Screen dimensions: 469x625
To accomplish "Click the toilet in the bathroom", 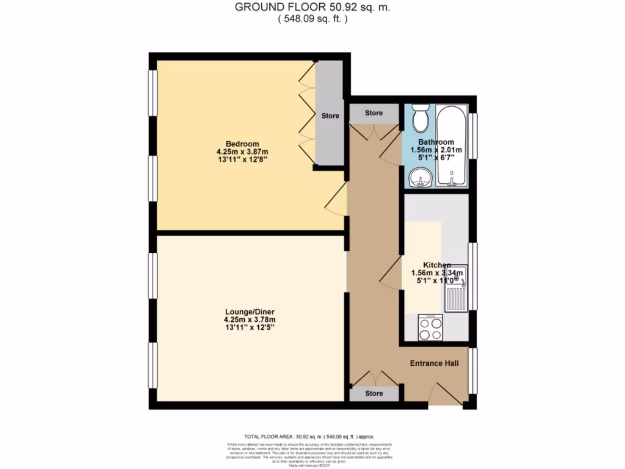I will click(x=421, y=118).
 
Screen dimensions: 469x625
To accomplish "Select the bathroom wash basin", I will click(x=419, y=178).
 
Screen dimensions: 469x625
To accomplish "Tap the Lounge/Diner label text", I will click(x=250, y=310).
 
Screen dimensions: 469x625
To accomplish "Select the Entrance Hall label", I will click(x=434, y=363).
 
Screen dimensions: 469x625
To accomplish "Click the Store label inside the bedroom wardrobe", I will click(x=330, y=115).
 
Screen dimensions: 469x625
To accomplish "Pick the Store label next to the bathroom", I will click(x=374, y=113).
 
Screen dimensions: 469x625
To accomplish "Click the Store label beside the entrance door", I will click(x=374, y=393).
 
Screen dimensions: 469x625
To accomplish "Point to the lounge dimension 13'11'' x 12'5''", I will click(x=250, y=327).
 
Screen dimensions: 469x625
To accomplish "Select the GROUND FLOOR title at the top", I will click(x=312, y=8).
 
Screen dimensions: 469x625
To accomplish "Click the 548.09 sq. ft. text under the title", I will click(x=312, y=19).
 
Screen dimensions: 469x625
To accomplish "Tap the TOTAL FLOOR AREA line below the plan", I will click(x=309, y=437).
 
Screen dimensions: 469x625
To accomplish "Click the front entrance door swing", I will click(x=445, y=393).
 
